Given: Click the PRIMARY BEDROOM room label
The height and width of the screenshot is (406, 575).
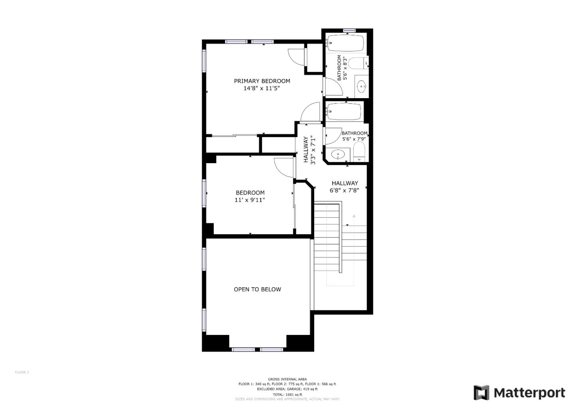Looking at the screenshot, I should point(262,81).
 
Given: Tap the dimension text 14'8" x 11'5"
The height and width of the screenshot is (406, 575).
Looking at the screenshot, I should point(262,89).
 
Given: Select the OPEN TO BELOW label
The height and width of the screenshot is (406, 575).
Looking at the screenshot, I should point(258,290).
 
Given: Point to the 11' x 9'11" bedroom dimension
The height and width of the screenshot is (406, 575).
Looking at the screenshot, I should point(250,200).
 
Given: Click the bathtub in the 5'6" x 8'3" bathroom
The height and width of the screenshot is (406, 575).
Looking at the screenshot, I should point(345,43).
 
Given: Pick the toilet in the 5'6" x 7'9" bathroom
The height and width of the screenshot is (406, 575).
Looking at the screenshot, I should point(359,152).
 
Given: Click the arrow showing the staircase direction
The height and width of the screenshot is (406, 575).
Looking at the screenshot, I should point(354,216).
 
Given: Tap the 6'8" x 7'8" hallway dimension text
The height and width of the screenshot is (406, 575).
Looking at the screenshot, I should point(344,191).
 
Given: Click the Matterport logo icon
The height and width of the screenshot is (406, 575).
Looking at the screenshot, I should point(481,393).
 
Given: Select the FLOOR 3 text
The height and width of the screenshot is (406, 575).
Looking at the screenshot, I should point(22,372).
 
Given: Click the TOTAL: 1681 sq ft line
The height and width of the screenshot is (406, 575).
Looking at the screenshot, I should point(287,394).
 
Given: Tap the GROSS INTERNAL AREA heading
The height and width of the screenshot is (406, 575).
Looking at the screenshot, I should point(287,379).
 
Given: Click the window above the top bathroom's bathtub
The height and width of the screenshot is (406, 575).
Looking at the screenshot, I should point(349,31).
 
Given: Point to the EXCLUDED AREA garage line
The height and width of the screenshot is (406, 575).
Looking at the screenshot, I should point(287,389).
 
